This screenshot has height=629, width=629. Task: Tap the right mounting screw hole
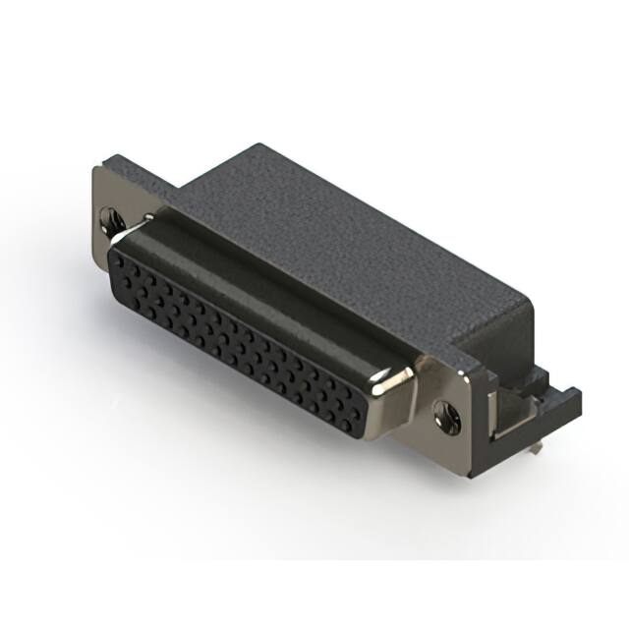coord(448,414)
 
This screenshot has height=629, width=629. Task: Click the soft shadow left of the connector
coord(59,295)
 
